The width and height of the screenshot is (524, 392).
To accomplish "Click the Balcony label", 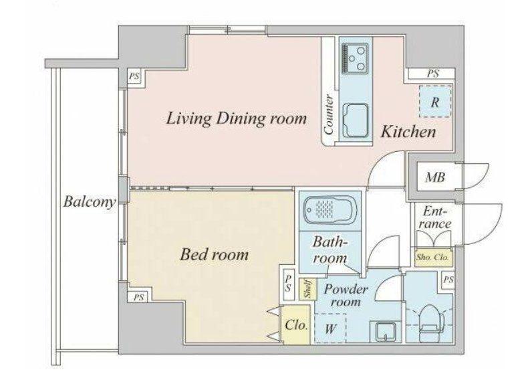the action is (x=90, y=202).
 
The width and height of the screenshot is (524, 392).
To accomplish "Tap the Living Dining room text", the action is (x=237, y=119).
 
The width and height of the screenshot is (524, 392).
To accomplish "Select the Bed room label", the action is (x=214, y=255).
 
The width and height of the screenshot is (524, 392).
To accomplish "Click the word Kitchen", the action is (x=408, y=132).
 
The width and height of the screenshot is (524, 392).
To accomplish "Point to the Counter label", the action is (x=329, y=115).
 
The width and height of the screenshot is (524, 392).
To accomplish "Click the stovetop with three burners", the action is (x=354, y=59).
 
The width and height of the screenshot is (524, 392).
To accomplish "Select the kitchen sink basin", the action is (x=356, y=120).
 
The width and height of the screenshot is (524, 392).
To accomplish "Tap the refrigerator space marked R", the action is (x=435, y=102).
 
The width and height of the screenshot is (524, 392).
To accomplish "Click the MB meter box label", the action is (x=435, y=177).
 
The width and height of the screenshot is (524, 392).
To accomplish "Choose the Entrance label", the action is (x=434, y=217).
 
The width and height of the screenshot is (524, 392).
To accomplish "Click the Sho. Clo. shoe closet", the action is (x=433, y=257).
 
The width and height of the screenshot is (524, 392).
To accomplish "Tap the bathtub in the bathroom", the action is (x=330, y=211).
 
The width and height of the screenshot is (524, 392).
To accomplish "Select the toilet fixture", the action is (x=430, y=323).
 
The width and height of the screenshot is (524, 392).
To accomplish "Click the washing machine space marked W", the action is (x=330, y=328).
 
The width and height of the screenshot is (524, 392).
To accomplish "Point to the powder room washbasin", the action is (x=385, y=331).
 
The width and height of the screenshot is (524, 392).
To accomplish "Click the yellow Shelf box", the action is (x=307, y=289).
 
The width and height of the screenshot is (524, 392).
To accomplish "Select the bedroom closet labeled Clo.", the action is (x=295, y=324).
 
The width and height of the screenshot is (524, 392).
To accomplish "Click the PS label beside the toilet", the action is (x=448, y=280).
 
